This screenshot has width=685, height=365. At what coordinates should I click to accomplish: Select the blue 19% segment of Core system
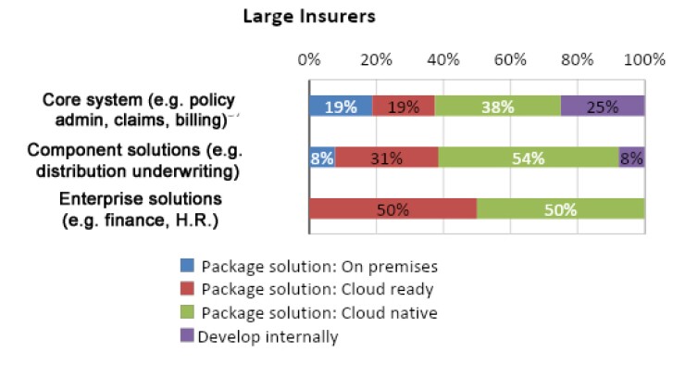[x=341, y=107]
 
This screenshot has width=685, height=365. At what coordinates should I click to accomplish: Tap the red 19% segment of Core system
[x=404, y=107]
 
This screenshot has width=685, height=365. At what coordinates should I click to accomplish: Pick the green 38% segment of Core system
[x=498, y=107]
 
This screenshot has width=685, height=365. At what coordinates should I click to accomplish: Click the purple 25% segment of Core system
[x=603, y=107]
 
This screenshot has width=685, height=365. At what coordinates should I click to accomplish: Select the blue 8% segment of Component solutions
[x=322, y=157]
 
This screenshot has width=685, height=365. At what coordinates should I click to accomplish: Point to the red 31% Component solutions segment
[x=387, y=157]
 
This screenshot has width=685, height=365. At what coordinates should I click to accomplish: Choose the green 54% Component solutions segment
[x=529, y=157]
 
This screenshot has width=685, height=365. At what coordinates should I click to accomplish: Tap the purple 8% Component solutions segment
[x=631, y=157]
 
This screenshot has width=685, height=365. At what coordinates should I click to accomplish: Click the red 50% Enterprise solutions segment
[x=392, y=208]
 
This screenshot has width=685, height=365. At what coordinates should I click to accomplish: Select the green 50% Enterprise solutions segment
[x=561, y=208]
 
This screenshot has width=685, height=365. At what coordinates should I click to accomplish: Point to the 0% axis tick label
[x=308, y=60]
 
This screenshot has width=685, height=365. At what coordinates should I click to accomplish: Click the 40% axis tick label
[x=443, y=60]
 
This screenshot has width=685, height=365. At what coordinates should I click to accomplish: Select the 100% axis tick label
[x=644, y=60]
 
